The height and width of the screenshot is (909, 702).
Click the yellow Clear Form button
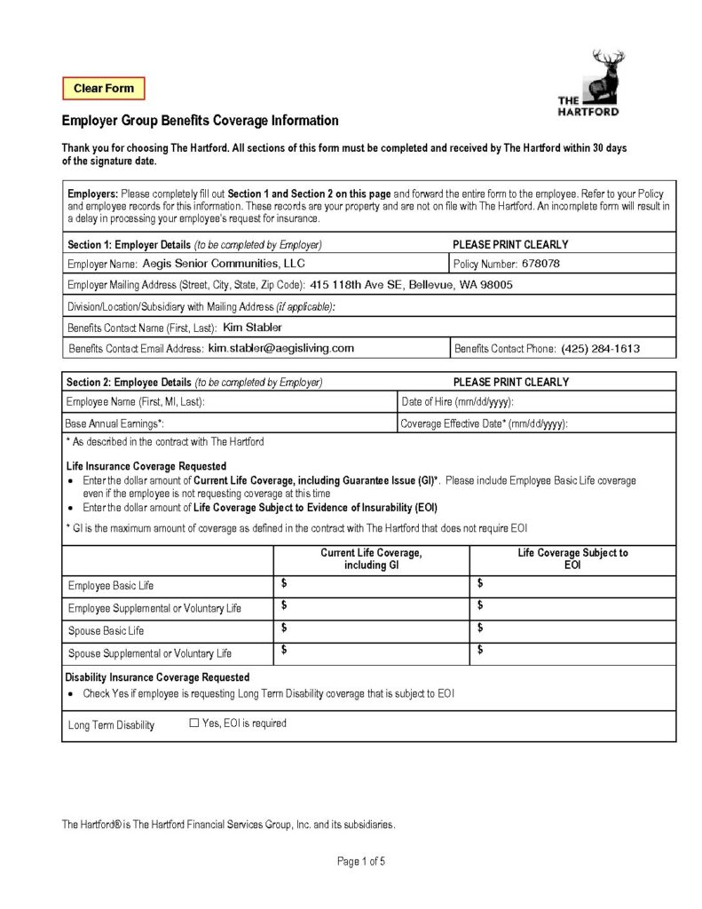pyautogui.click(x=103, y=89)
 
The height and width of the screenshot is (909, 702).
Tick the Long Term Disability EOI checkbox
pyautogui.click(x=194, y=723)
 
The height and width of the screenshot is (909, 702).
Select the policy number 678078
pyautogui.click(x=540, y=264)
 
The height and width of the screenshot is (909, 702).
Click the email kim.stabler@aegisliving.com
pyautogui.click(x=280, y=348)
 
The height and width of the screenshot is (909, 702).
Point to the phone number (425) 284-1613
pyautogui.click(x=600, y=349)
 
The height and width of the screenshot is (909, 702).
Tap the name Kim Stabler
pyautogui.click(x=252, y=328)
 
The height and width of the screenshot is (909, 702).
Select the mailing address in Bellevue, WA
pyautogui.click(x=411, y=285)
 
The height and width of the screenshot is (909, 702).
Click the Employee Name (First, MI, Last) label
pyautogui.click(x=136, y=402)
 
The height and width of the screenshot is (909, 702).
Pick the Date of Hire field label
pyautogui.click(x=458, y=402)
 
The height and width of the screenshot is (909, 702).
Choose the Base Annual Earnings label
pyautogui.click(x=114, y=424)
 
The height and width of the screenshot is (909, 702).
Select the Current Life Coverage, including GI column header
pyautogui.click(x=371, y=558)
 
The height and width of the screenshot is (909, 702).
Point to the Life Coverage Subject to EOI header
pyautogui.click(x=572, y=558)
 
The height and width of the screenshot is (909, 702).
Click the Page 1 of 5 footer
pyautogui.click(x=361, y=861)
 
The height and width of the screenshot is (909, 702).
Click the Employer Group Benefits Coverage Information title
pyautogui.click(x=200, y=121)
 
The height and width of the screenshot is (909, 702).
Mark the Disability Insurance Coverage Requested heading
pyautogui.click(x=158, y=677)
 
